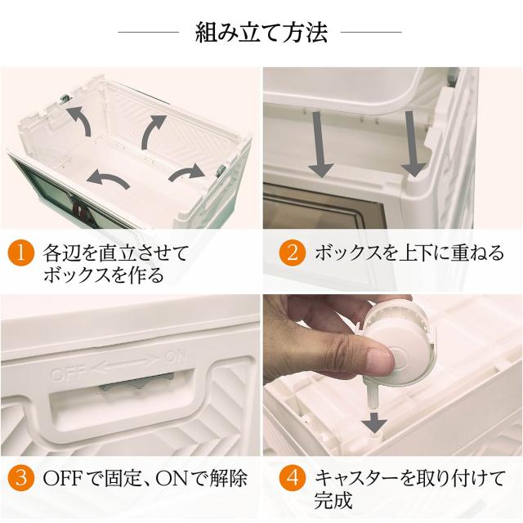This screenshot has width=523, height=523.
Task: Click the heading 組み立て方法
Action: pos(261,33)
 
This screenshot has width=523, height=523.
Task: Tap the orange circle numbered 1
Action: pos(21,253)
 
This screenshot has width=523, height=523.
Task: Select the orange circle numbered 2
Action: pos(293,253)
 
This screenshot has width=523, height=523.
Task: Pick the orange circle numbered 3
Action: pos(21,477)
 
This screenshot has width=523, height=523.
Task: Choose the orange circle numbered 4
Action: pos(293,477)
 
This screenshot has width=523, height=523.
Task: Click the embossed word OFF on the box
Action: pos(68,373)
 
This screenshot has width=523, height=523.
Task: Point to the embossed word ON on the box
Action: pos(175,356)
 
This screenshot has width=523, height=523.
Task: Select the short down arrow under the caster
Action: pos(375,422)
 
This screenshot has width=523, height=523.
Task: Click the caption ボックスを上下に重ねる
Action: pos(409,253)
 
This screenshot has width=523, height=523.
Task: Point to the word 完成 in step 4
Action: pos(333,499)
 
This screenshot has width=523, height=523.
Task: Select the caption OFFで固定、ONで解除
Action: pos(145,477)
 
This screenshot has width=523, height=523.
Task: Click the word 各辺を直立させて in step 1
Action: pos(115,253)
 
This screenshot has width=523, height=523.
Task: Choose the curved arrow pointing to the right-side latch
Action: pos(187,173)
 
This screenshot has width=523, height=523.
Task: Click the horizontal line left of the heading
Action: pos(149,33)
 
